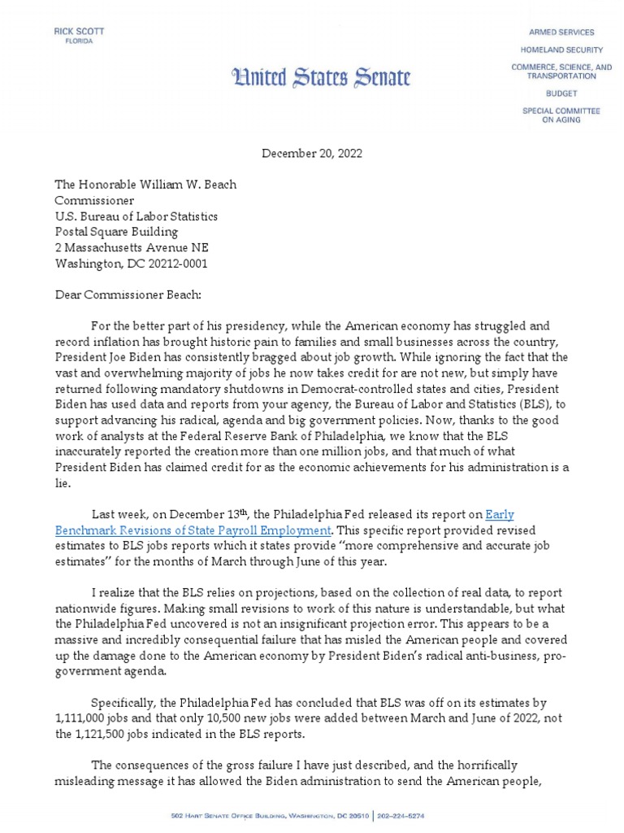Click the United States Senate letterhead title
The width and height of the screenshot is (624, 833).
[x=321, y=77]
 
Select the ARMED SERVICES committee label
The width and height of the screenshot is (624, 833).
[x=561, y=33]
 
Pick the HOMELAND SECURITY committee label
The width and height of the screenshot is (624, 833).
[x=561, y=50]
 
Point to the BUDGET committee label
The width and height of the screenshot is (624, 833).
[x=561, y=94]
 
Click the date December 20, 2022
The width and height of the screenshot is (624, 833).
[x=312, y=153]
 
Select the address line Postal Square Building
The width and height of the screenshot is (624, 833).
[x=120, y=232]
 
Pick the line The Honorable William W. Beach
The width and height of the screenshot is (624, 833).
[x=145, y=185]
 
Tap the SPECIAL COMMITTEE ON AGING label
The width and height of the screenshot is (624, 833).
[x=561, y=115]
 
